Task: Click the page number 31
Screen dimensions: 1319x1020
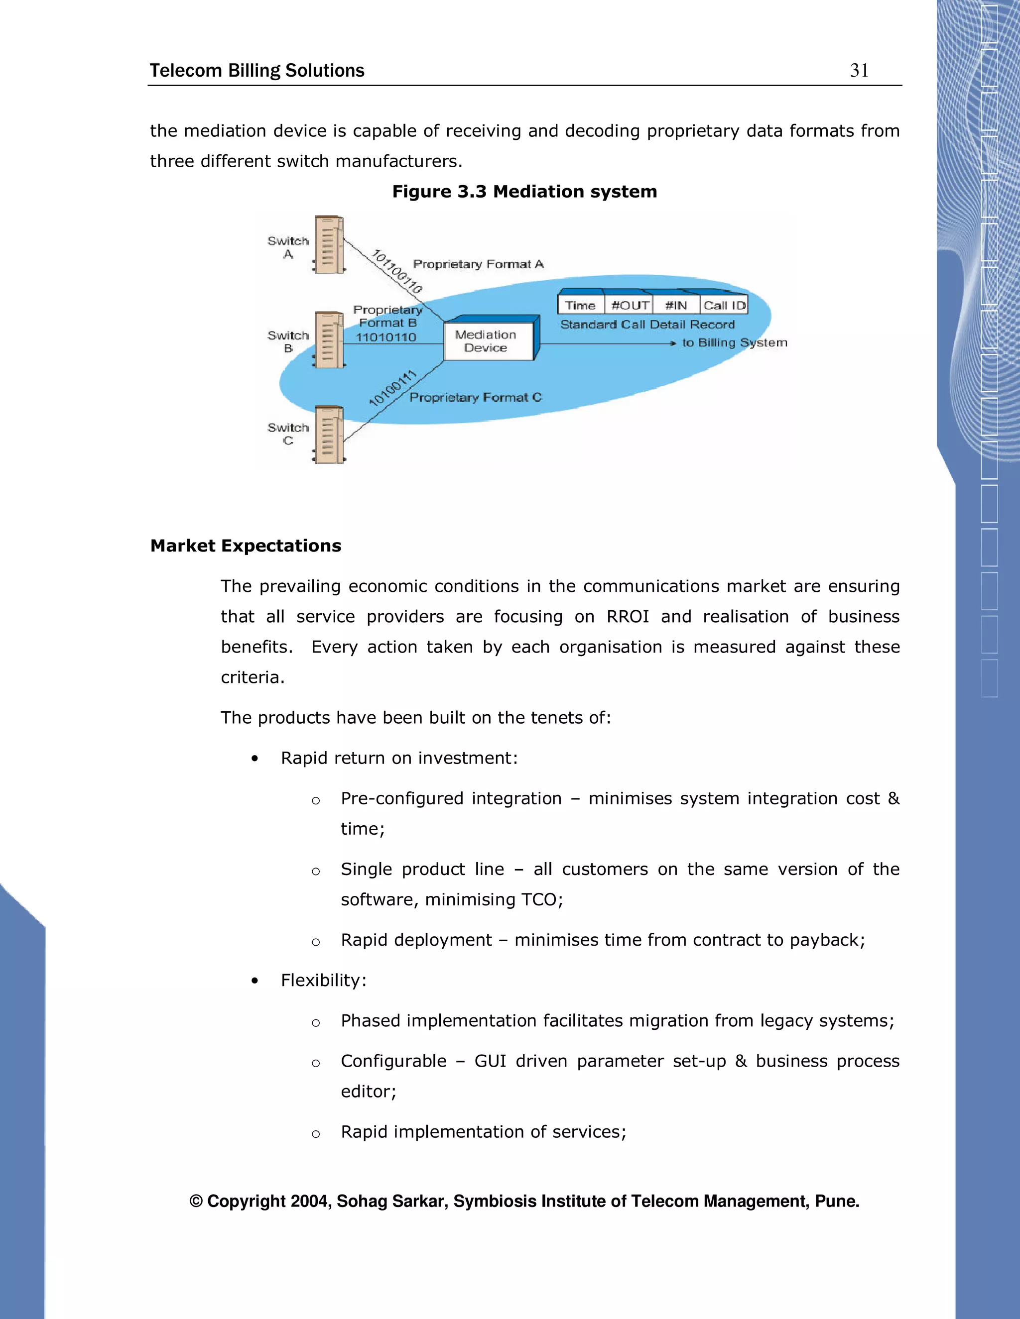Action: click(x=859, y=71)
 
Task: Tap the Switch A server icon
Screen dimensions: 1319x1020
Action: click(x=329, y=244)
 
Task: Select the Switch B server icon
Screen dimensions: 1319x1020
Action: click(x=329, y=339)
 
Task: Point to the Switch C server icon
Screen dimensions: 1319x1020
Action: click(x=329, y=434)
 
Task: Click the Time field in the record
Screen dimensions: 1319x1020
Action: click(x=581, y=306)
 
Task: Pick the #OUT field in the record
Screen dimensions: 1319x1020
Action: click(x=630, y=306)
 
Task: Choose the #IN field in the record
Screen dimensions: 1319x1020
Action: click(x=676, y=306)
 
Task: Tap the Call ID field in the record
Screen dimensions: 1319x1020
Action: click(x=724, y=306)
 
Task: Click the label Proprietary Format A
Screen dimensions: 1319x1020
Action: click(x=478, y=264)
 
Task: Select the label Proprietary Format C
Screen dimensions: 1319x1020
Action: click(x=475, y=397)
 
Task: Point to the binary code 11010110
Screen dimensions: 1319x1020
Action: click(x=385, y=337)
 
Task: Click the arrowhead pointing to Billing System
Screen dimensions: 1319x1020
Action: click(x=673, y=343)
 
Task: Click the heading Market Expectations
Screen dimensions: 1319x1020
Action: click(x=246, y=546)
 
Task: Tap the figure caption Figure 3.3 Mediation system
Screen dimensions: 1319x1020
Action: click(x=524, y=192)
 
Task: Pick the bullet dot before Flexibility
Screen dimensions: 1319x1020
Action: click(x=255, y=981)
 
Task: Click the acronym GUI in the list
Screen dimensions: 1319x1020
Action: click(x=490, y=1061)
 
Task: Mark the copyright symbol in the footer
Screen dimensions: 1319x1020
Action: click(x=196, y=1201)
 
